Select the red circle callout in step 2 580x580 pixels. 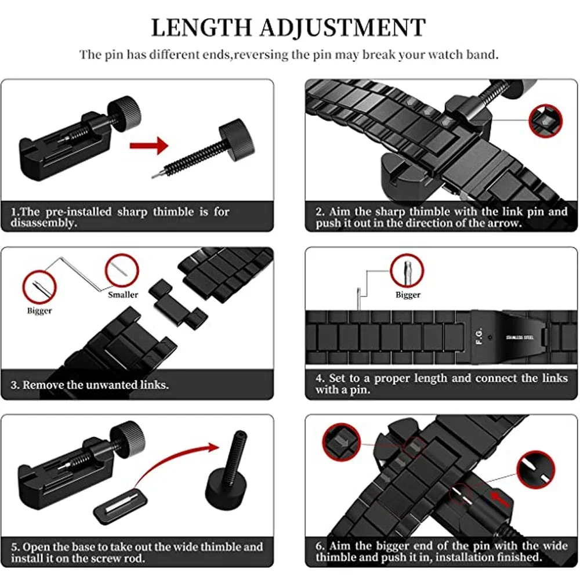click(x=545, y=120)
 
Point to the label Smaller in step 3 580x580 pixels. click(x=123, y=295)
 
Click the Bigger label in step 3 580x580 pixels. click(x=39, y=311)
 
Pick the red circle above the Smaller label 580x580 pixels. click(x=122, y=271)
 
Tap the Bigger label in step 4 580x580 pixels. click(x=408, y=295)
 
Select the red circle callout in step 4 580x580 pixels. click(x=407, y=271)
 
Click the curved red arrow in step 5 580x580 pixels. click(x=174, y=458)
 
